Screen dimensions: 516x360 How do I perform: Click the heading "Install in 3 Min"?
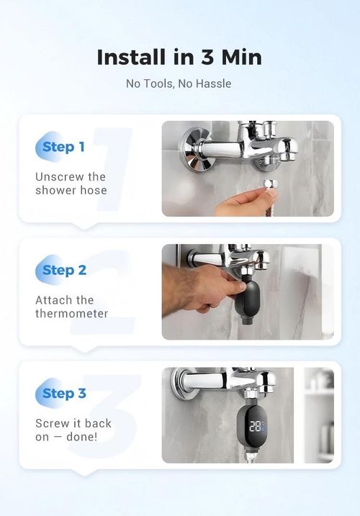pyautogui.click(x=179, y=57)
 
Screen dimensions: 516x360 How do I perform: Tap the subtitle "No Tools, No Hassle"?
pyautogui.click(x=179, y=83)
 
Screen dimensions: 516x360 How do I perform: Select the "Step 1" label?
pyautogui.click(x=63, y=147)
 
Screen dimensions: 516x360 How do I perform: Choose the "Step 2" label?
pyautogui.click(x=64, y=270)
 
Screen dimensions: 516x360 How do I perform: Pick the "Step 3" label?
pyautogui.click(x=64, y=393)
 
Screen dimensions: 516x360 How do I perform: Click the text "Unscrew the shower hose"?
pyautogui.click(x=71, y=184)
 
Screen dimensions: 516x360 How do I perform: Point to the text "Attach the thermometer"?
pyautogui.click(x=71, y=307)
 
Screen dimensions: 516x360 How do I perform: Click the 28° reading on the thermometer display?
pyautogui.click(x=256, y=426)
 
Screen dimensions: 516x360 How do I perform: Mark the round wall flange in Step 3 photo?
pyautogui.click(x=183, y=384)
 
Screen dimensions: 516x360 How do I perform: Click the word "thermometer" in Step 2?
pyautogui.click(x=71, y=314)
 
